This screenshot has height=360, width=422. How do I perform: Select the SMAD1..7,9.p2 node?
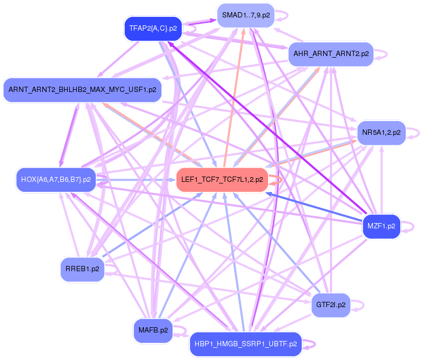245,15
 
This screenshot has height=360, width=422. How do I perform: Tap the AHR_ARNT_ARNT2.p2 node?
331,54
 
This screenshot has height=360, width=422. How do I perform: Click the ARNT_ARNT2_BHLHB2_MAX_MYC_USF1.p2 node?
82,90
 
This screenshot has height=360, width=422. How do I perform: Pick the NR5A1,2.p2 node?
381,132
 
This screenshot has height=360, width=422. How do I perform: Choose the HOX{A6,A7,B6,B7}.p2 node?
56,180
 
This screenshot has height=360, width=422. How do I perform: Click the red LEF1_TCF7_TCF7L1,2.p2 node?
222,180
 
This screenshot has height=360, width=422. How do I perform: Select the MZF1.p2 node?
381,226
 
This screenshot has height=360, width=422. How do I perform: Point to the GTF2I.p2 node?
331,305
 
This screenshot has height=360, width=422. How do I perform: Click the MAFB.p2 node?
153,330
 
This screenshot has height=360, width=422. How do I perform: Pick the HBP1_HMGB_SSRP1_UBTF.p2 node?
245,344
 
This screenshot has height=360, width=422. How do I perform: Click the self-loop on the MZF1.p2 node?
411,226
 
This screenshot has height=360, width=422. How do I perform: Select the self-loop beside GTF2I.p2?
362,305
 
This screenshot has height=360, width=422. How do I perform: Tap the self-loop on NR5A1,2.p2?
417,132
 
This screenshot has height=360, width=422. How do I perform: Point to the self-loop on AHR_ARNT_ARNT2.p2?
386,54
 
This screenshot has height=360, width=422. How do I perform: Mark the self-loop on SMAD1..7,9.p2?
286,15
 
